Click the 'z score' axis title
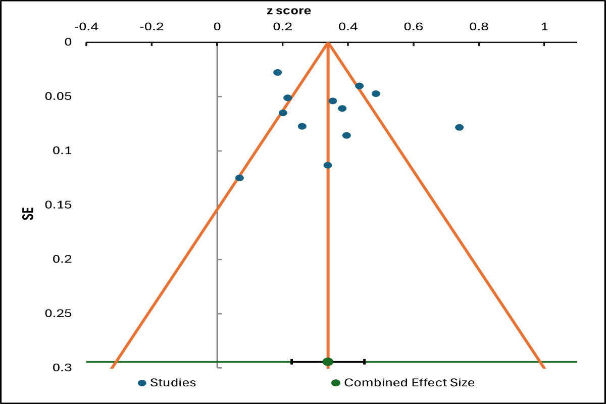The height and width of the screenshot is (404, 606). (289, 11)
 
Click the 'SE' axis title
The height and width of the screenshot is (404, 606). (30, 211)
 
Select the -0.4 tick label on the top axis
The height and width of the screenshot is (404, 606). (86, 26)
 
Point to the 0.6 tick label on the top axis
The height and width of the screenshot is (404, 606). (414, 26)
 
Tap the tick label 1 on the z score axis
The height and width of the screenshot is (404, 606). (544, 26)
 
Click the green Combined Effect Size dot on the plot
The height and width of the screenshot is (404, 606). (328, 362)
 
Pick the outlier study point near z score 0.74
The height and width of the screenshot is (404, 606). (459, 127)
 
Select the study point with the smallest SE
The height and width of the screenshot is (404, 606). (277, 72)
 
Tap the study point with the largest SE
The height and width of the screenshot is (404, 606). (239, 178)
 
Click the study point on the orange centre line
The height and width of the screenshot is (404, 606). (328, 165)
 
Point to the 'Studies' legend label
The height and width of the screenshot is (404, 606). (173, 383)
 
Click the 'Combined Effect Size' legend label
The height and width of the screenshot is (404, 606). (409, 383)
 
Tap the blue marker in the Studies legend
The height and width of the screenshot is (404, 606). (142, 383)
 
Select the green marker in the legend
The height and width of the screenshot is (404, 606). (336, 383)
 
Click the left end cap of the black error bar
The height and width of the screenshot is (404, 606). (292, 362)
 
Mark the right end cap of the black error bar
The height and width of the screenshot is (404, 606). (364, 362)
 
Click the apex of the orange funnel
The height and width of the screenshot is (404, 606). (328, 43)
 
